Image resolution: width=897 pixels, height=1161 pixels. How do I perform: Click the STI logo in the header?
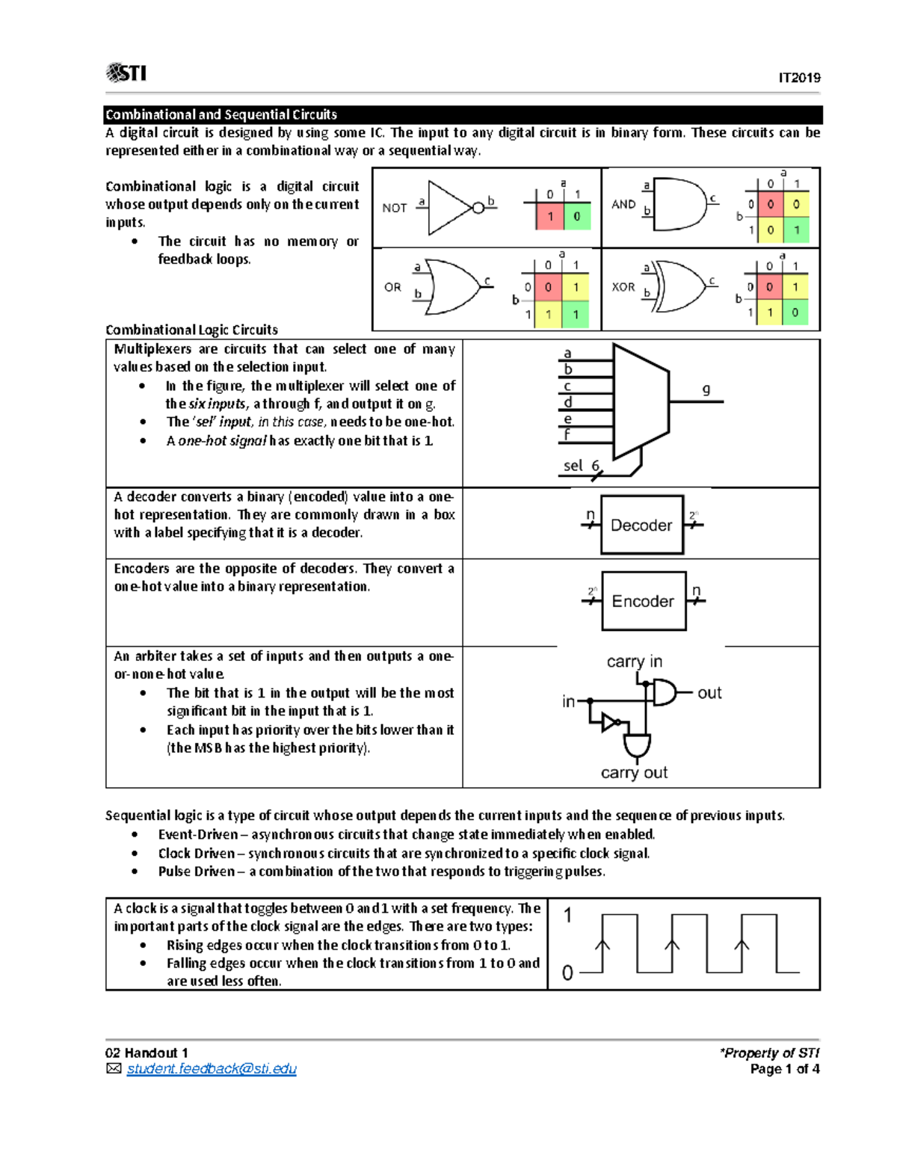126,73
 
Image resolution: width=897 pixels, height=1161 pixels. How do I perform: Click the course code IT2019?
799,78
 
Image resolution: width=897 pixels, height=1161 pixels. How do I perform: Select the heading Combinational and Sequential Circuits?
221,114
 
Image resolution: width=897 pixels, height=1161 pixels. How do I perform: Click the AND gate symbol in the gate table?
679,203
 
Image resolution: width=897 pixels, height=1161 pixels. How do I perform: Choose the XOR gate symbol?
680,286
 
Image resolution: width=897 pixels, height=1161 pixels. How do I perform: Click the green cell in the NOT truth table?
576,217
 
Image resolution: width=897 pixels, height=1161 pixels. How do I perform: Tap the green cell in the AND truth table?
797,230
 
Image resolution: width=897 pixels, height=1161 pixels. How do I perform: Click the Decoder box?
642,525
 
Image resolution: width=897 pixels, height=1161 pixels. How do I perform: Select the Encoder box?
644,601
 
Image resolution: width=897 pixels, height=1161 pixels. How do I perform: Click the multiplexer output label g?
706,389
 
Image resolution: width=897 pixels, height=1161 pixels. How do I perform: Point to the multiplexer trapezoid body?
640,402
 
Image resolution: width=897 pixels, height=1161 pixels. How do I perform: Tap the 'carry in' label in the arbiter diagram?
634,662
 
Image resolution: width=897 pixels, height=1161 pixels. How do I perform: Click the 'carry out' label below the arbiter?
634,772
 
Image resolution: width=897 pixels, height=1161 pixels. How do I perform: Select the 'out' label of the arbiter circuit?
709,693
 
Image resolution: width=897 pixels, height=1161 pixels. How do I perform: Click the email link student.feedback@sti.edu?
212,1069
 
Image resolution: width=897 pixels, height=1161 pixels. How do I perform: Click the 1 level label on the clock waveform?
568,915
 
